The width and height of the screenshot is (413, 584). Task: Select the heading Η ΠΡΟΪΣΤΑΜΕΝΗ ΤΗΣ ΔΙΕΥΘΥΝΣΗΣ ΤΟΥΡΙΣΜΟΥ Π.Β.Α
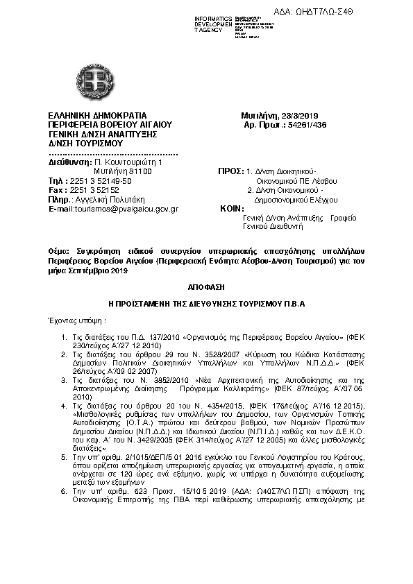pos(206,303)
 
